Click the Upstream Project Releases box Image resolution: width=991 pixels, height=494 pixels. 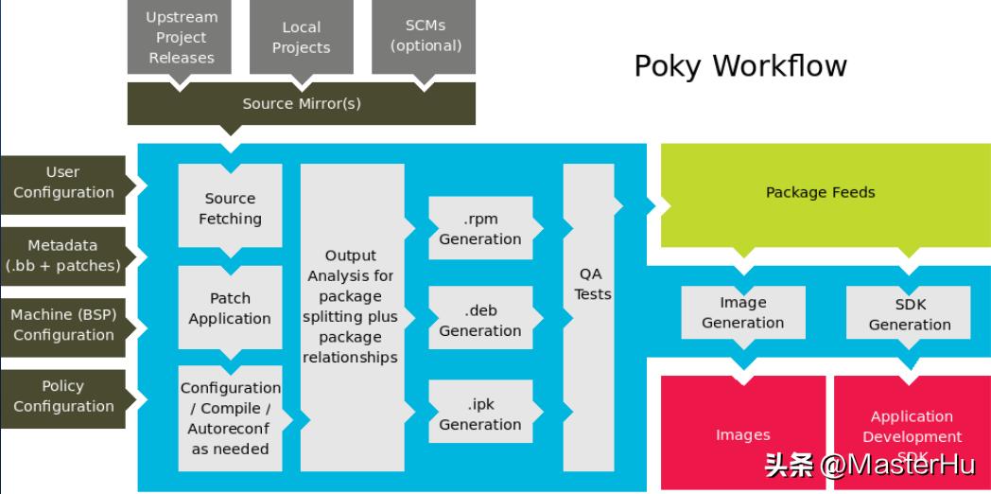tap(182, 38)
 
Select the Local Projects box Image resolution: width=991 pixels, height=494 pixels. tap(301, 38)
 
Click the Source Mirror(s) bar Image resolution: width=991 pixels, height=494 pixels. tap(301, 104)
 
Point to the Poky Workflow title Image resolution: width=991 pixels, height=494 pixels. tap(740, 65)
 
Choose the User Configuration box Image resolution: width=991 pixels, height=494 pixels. tap(63, 183)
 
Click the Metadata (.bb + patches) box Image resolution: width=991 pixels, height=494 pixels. tap(63, 256)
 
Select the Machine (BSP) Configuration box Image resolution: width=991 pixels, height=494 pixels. tap(63, 325)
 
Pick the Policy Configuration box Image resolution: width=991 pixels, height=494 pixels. tap(63, 396)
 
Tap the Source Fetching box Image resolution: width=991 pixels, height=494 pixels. tap(230, 208)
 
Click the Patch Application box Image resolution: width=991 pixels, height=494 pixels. tap(230, 309)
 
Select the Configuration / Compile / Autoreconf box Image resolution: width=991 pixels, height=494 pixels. tap(230, 417)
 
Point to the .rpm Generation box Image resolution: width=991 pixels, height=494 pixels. tap(479, 229)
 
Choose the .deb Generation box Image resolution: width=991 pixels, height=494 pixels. tap(479, 321)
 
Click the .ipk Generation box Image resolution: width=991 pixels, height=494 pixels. tap(479, 415)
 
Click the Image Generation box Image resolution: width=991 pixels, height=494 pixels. tap(742, 313)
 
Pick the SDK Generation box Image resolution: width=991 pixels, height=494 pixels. tap(909, 314)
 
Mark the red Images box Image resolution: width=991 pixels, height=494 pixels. tap(742, 433)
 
